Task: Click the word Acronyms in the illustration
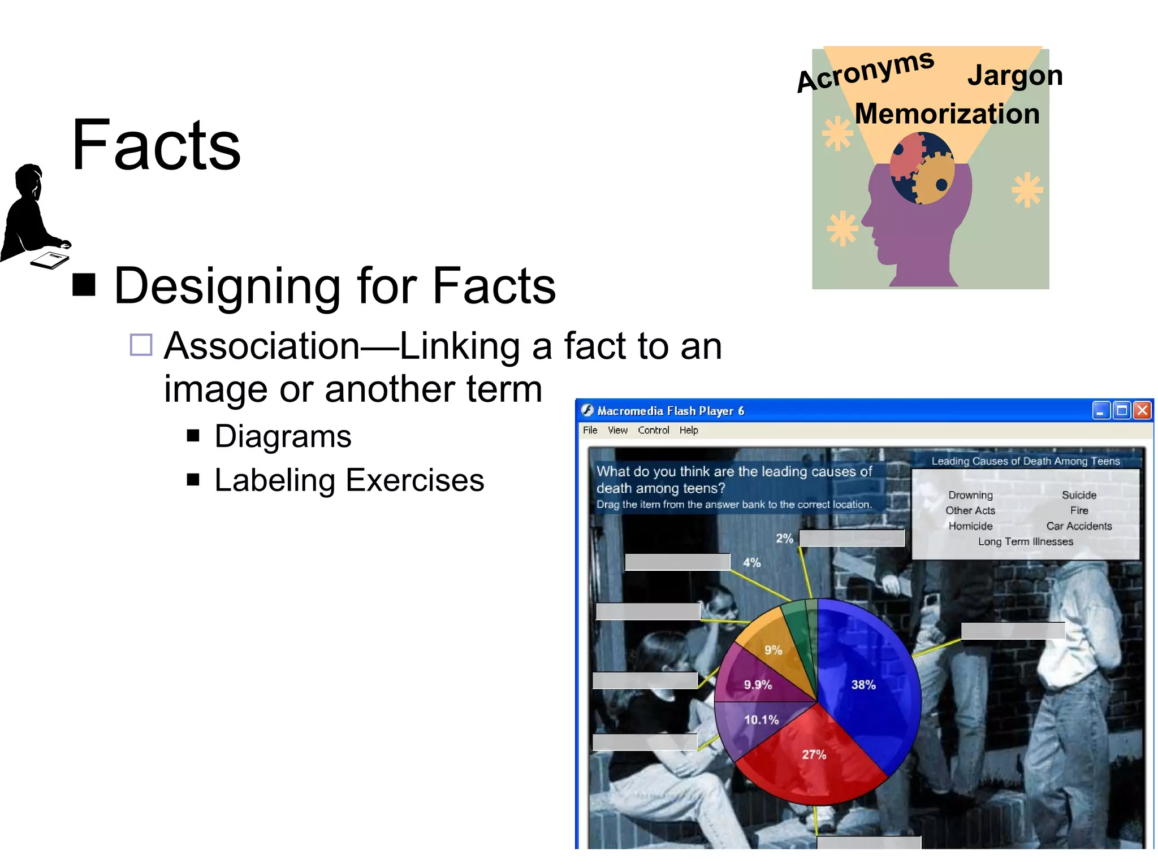pyautogui.click(x=865, y=72)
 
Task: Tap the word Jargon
pyautogui.click(x=1015, y=76)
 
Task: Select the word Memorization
pyautogui.click(x=947, y=114)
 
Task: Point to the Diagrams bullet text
pyautogui.click(x=283, y=437)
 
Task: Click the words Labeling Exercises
pyautogui.click(x=349, y=480)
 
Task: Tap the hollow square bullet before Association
pyautogui.click(x=141, y=345)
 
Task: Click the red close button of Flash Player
pyautogui.click(x=1142, y=410)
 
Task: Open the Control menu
pyautogui.click(x=653, y=431)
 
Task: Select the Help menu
pyautogui.click(x=688, y=431)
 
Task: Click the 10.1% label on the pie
pyautogui.click(x=761, y=720)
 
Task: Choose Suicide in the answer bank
pyautogui.click(x=1079, y=495)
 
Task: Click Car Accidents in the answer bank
pyautogui.click(x=1079, y=526)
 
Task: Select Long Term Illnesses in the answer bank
pyautogui.click(x=1025, y=541)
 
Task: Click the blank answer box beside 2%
pyautogui.click(x=852, y=538)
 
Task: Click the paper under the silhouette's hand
pyautogui.click(x=50, y=260)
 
